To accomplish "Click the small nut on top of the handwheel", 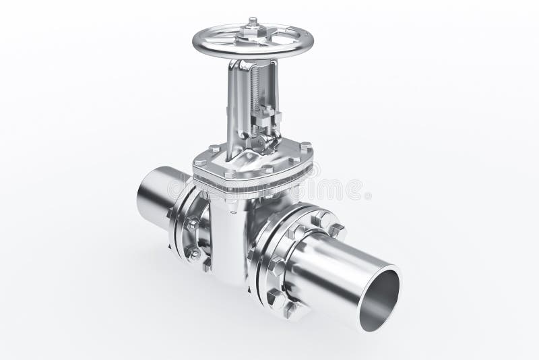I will click(x=253, y=22).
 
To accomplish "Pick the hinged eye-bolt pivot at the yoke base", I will click(x=265, y=142).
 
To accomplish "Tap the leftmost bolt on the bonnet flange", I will click(x=200, y=162).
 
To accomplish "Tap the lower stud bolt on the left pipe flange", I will click(x=194, y=254).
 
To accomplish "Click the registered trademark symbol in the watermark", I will click(x=367, y=196).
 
